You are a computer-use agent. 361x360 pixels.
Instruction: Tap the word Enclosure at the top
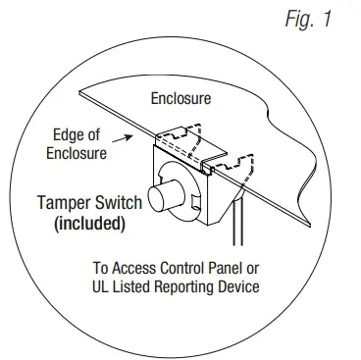point(180,98)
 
